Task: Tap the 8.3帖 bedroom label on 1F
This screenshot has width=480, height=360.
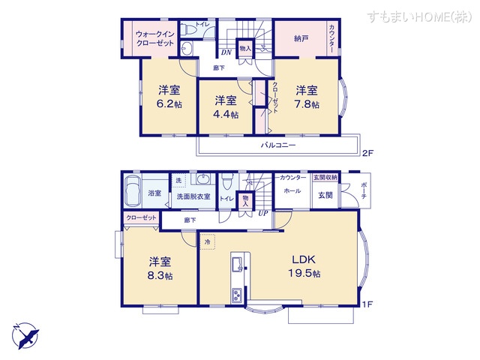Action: [160, 268]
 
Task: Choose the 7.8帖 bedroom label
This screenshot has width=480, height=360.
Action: [306, 97]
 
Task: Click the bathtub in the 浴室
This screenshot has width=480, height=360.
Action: [132, 192]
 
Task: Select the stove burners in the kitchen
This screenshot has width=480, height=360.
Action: [237, 293]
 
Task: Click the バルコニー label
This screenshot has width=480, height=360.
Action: [278, 144]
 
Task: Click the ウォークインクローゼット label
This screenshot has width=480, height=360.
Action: [155, 39]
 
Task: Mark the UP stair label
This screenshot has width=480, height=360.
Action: [263, 213]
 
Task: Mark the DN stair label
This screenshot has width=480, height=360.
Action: [224, 52]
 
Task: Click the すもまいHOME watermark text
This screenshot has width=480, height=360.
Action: [420, 16]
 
